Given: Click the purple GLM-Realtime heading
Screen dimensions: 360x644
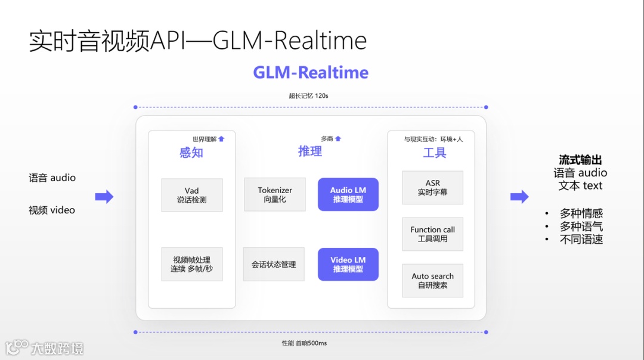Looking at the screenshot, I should pyautogui.click(x=311, y=73).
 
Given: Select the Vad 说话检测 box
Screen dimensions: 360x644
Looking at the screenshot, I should pyautogui.click(x=192, y=195).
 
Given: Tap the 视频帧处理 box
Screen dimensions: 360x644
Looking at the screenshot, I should pyautogui.click(x=192, y=264).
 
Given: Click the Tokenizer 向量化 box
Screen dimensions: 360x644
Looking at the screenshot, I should pyautogui.click(x=275, y=194).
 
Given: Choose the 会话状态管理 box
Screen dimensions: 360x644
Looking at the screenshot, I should pyautogui.click(x=274, y=264).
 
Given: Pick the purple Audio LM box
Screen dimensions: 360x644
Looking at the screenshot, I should pyautogui.click(x=348, y=194).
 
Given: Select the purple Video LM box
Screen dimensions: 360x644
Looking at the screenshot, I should pyautogui.click(x=348, y=264).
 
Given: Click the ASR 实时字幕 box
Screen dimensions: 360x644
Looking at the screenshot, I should pyautogui.click(x=432, y=188).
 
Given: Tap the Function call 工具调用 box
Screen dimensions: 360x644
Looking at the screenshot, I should pyautogui.click(x=432, y=234).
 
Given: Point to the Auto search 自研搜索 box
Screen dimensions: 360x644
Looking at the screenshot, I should pyautogui.click(x=432, y=280).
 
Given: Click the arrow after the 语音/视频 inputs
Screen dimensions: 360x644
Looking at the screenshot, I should pyautogui.click(x=104, y=197).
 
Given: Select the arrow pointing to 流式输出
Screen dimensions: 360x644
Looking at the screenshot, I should pyautogui.click(x=519, y=197).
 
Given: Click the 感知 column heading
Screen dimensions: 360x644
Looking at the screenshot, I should pyautogui.click(x=191, y=153).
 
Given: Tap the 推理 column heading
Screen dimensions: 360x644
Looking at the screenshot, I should pyautogui.click(x=310, y=151).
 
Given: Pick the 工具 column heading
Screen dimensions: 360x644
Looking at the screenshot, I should pyautogui.click(x=434, y=153).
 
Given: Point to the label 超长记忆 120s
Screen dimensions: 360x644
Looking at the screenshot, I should pyautogui.click(x=309, y=96).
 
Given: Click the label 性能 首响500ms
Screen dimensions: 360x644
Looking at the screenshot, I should pyautogui.click(x=304, y=343).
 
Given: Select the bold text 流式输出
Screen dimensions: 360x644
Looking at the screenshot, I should pyautogui.click(x=580, y=160).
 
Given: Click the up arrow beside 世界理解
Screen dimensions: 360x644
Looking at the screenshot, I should pyautogui.click(x=221, y=139).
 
